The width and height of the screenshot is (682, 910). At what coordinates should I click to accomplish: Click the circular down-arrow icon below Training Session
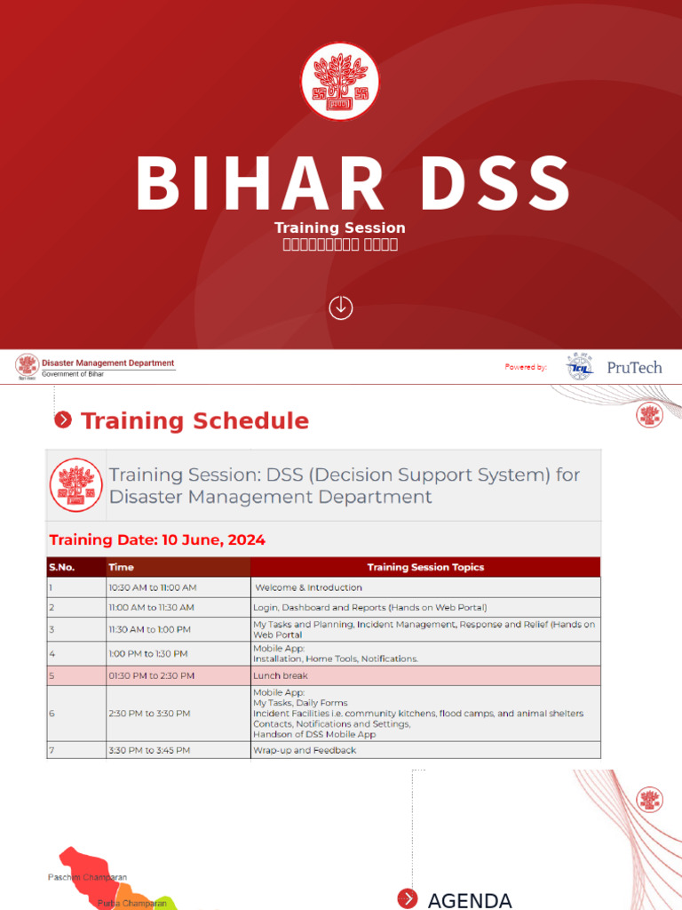(x=341, y=307)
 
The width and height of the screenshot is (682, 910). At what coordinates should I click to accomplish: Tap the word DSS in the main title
(x=483, y=184)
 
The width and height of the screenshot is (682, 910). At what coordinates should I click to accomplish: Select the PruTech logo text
(x=634, y=367)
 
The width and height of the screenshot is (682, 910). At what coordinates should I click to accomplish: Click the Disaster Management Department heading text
(x=108, y=363)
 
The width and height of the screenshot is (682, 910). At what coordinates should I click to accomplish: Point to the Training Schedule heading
(x=194, y=421)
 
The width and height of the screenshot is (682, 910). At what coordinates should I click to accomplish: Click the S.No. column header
(x=62, y=567)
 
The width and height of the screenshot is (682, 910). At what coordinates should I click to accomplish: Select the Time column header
(x=121, y=567)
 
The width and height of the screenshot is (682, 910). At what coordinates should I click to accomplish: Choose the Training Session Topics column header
(x=425, y=567)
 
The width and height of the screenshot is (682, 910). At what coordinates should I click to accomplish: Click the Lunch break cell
(x=281, y=675)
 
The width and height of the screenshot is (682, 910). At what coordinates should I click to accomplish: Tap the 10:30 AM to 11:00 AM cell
(x=153, y=587)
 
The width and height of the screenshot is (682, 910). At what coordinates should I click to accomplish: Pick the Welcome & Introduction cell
(x=309, y=587)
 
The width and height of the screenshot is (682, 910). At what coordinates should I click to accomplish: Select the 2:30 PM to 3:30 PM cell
(x=149, y=713)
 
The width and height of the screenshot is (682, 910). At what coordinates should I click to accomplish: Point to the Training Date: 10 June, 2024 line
(x=157, y=539)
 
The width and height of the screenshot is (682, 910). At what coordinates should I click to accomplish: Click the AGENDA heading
(x=470, y=900)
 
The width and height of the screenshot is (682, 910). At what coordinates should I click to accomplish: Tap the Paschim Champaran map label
(x=87, y=877)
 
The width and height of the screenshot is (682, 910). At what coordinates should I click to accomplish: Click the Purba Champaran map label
(x=132, y=903)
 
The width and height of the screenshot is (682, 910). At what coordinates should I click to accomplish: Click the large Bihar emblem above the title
(x=340, y=81)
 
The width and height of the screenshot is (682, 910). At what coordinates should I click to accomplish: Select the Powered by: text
(x=526, y=367)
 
